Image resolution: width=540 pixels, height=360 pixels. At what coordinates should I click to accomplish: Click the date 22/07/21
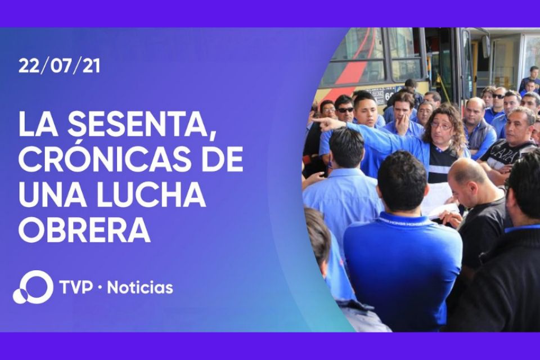(x=59, y=66)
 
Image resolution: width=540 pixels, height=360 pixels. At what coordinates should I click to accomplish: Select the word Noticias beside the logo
(x=139, y=288)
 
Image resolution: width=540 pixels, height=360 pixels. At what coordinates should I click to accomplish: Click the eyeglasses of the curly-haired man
(x=442, y=127)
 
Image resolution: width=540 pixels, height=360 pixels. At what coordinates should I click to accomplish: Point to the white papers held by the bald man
(x=439, y=200)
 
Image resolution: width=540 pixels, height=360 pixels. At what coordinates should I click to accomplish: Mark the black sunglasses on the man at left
(x=345, y=110)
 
